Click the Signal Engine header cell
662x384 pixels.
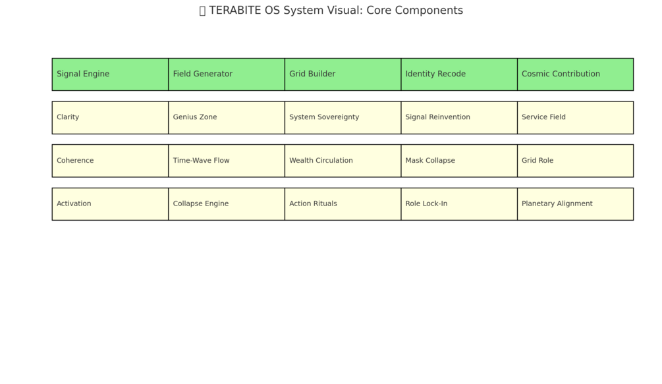[110, 74]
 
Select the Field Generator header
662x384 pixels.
[227, 74]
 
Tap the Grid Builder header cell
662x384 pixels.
[343, 74]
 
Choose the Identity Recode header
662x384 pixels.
[459, 74]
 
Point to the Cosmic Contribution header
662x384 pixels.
[575, 74]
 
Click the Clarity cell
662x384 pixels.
[110, 117]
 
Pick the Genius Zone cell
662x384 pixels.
[227, 117]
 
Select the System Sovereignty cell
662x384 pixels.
[343, 117]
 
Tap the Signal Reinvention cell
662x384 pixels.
[459, 117]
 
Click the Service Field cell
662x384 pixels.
[575, 117]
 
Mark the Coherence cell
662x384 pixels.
[110, 161]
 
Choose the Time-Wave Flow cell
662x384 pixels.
[227, 161]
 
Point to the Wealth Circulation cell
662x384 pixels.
[343, 161]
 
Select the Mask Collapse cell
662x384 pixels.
[459, 161]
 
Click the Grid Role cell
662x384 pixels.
[575, 161]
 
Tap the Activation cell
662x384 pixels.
[110, 204]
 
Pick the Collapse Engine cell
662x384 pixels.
[227, 204]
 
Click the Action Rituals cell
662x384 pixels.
[343, 204]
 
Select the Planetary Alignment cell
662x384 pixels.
[575, 204]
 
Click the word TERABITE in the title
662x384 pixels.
[235, 11]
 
